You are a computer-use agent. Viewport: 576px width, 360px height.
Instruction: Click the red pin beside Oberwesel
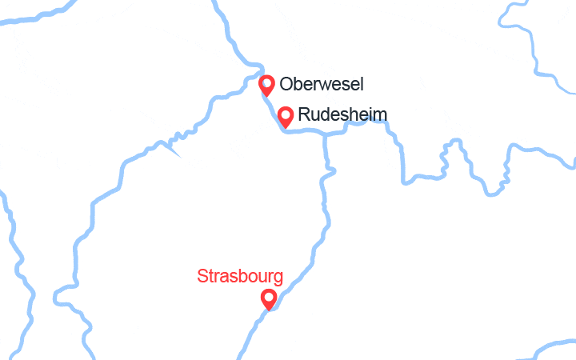267,84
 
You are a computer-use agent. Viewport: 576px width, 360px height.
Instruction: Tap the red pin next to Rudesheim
286,116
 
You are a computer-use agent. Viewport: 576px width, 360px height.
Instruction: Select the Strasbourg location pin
270,298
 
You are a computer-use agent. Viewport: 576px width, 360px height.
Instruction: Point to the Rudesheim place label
342,115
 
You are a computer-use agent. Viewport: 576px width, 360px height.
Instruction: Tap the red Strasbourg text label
240,277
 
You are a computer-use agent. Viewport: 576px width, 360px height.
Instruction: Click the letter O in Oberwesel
286,84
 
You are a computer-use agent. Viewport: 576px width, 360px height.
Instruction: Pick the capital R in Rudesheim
304,115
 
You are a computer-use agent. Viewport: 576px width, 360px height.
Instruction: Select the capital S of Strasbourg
202,277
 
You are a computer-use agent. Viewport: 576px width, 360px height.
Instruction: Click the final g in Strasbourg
278,279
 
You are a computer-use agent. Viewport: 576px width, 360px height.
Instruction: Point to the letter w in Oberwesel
327,84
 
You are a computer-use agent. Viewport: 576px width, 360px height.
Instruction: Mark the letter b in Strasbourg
240,277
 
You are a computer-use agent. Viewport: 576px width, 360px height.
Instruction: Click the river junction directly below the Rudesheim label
325,134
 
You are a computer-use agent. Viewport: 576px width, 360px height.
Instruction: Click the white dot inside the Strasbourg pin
270,297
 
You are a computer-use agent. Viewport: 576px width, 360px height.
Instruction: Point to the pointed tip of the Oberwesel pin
267,96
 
